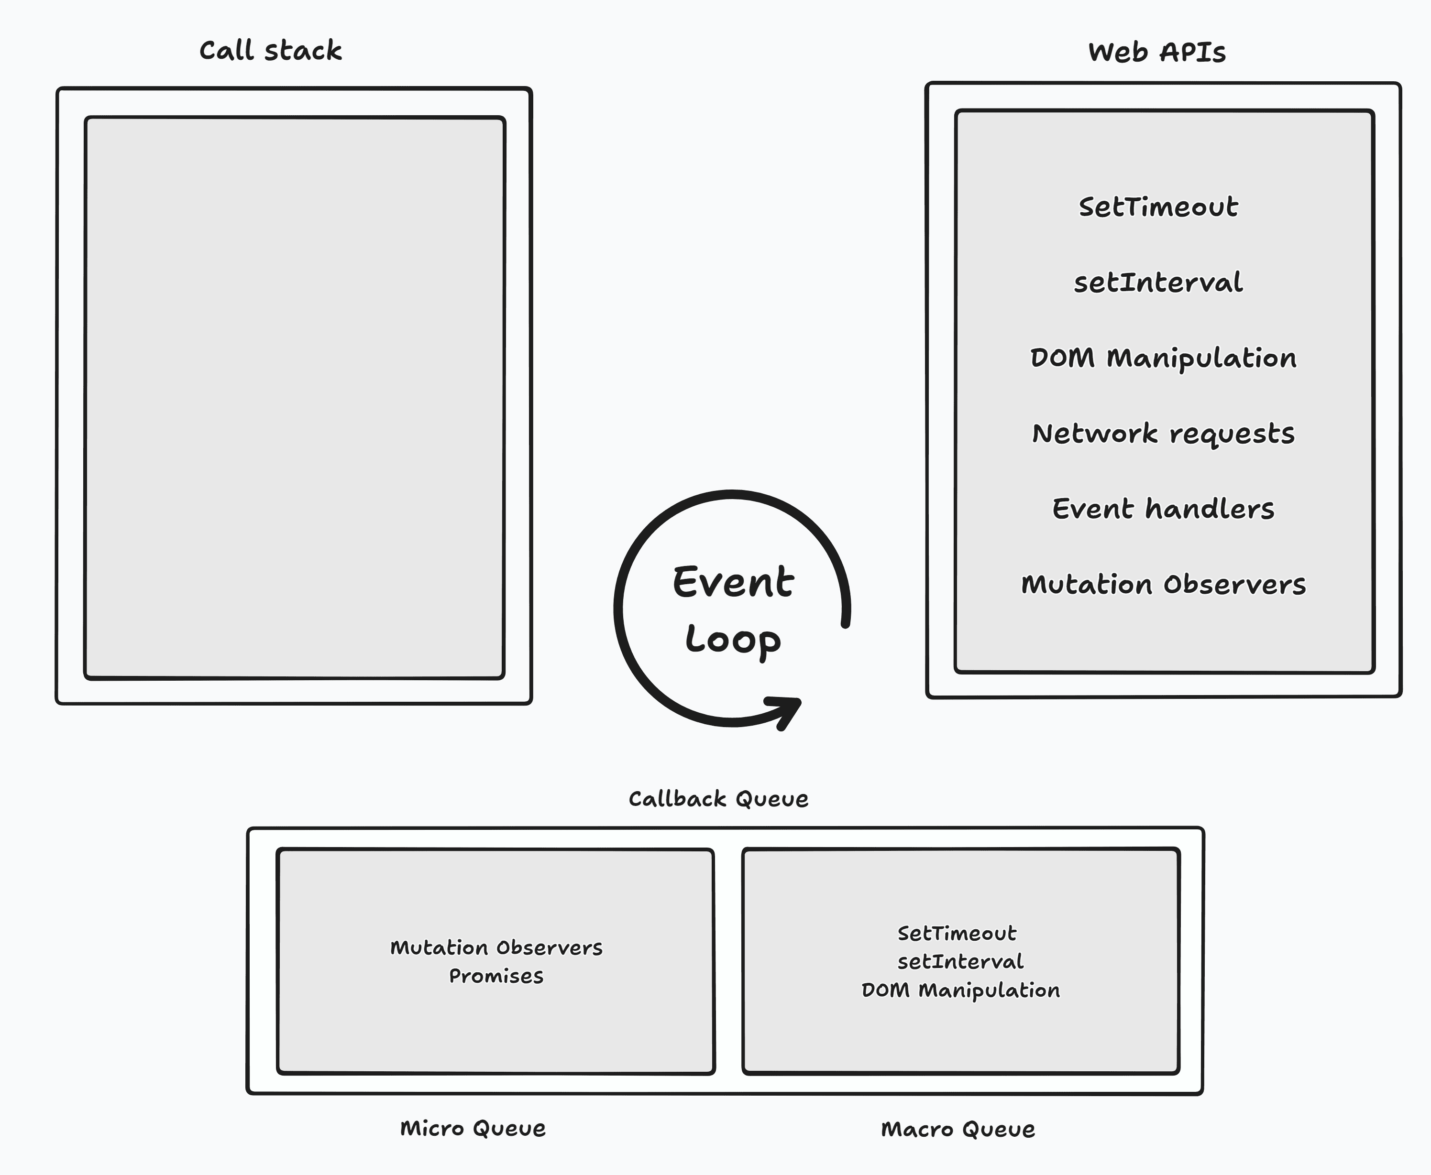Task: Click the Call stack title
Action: (270, 51)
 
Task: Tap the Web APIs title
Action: (1157, 52)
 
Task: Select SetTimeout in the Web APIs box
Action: (1158, 207)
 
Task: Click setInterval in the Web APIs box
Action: (1158, 282)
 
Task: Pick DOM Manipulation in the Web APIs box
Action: (1163, 358)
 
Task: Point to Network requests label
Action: (1163, 433)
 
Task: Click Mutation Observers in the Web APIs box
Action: (1163, 584)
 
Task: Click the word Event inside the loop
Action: (733, 582)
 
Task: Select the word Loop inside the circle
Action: (733, 640)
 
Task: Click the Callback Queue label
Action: (718, 799)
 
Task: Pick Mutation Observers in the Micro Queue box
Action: (496, 947)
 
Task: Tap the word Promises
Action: (496, 976)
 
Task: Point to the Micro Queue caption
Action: (472, 1128)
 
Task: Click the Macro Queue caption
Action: (957, 1129)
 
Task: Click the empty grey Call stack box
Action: (295, 397)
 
